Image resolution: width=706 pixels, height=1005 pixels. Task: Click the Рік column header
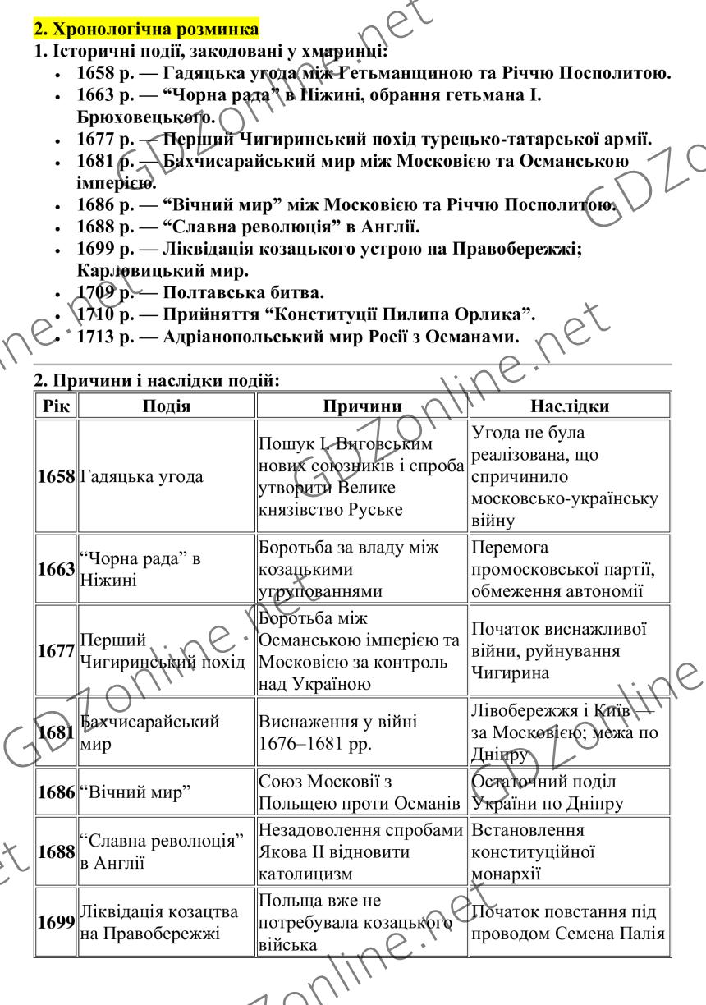pos(56,406)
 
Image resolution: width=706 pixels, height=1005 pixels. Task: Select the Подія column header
pos(167,406)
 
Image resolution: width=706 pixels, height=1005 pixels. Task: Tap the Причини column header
pos(362,406)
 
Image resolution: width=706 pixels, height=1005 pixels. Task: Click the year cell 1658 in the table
pos(56,477)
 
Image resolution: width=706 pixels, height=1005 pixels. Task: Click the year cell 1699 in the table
pos(56,923)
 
